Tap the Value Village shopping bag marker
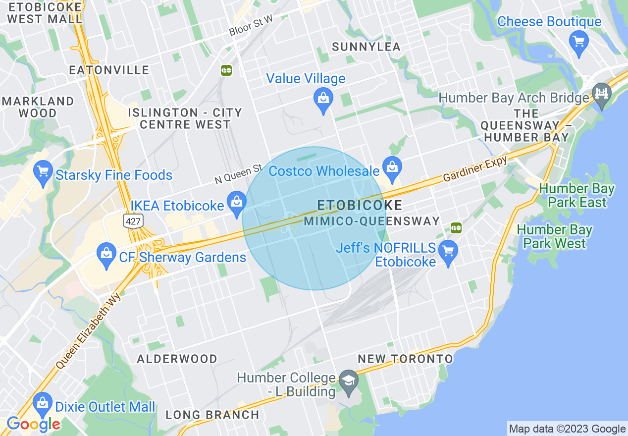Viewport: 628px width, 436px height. [x=323, y=98]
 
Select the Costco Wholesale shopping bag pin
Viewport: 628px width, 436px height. [x=392, y=167]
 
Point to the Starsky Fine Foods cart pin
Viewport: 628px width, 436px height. [x=43, y=172]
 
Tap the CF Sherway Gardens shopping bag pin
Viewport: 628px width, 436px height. [x=106, y=254]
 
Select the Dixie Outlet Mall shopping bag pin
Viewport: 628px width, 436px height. [x=43, y=403]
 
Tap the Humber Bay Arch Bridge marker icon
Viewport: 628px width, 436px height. [x=602, y=94]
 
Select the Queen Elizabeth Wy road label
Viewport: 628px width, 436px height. [x=89, y=329]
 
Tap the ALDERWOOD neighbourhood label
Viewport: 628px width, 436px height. [x=177, y=359]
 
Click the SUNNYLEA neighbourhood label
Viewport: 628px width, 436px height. [x=366, y=47]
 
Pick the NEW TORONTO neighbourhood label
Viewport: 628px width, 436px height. [x=405, y=359]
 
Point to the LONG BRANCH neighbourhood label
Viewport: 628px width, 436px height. [x=212, y=415]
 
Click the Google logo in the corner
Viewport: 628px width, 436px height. [x=33, y=424]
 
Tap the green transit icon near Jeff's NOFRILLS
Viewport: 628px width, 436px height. [x=456, y=227]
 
